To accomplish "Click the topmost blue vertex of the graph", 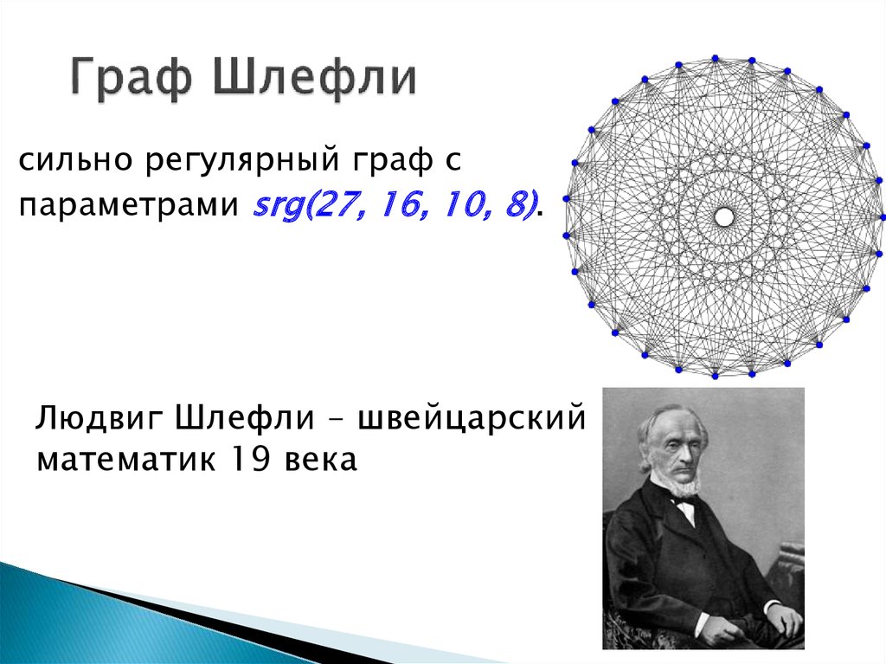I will point(715,58).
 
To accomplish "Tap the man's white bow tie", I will point(684,500).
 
